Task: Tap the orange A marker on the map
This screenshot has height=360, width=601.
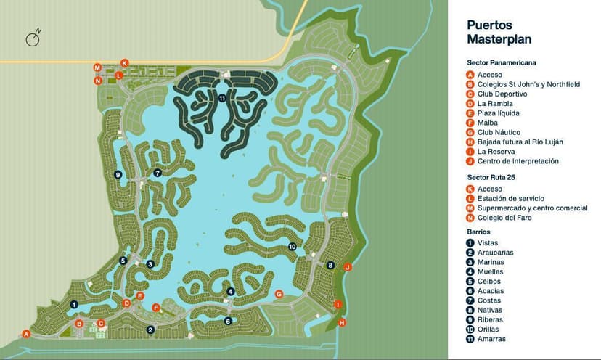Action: [26, 334]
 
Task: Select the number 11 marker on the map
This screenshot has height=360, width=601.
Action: [222, 98]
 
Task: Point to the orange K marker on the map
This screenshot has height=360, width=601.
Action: [125, 63]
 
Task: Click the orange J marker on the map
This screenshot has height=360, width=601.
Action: [348, 267]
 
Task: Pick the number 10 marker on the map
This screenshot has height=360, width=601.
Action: [293, 247]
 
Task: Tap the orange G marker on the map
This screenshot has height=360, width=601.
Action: [279, 294]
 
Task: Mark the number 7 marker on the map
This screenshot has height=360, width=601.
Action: [158, 173]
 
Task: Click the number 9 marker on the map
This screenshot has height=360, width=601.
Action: [118, 174]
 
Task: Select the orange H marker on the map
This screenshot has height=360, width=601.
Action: [343, 322]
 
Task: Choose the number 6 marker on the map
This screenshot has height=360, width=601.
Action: [228, 321]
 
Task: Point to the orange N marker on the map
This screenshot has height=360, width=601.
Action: [98, 81]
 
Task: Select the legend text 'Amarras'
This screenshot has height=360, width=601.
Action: [491, 339]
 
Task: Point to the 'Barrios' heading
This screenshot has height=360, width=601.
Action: [478, 232]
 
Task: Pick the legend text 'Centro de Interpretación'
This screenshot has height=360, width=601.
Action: [518, 161]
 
